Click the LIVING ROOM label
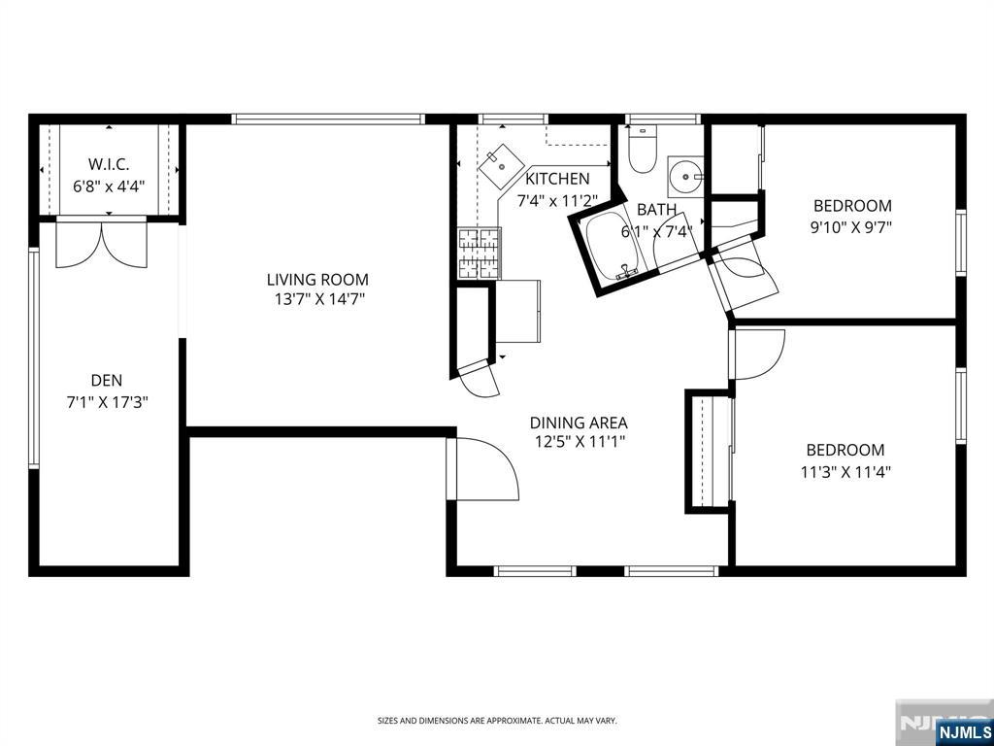(317, 279)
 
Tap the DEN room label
(107, 381)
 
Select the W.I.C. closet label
(109, 164)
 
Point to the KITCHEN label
(557, 179)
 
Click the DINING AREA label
(579, 423)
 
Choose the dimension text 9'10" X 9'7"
(851, 227)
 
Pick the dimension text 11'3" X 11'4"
(845, 472)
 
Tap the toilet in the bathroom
(643, 149)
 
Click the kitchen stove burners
(480, 254)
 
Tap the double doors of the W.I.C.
(101, 244)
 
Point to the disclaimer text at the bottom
(497, 721)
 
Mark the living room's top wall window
(328, 119)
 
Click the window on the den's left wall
(34, 357)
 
